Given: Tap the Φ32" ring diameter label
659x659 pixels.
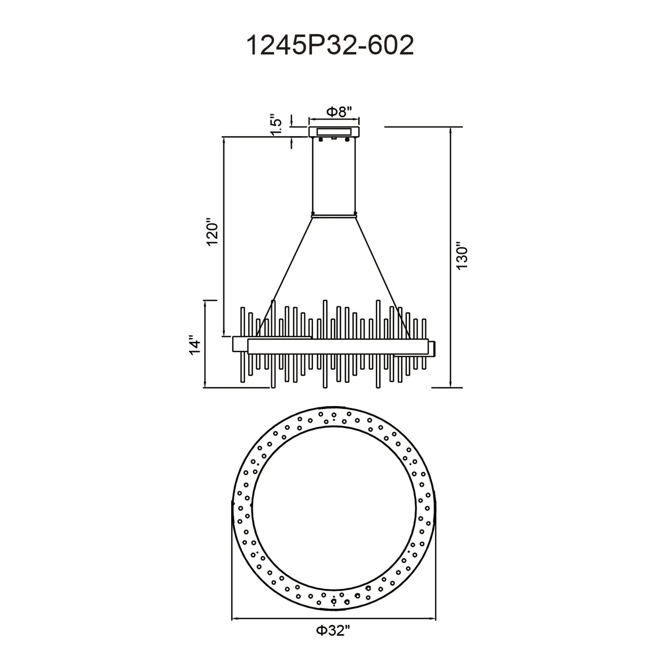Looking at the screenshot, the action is coord(333,631).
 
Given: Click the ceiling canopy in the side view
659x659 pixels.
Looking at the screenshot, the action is coord(334,132).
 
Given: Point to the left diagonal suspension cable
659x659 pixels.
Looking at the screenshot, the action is coord(284,277).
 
